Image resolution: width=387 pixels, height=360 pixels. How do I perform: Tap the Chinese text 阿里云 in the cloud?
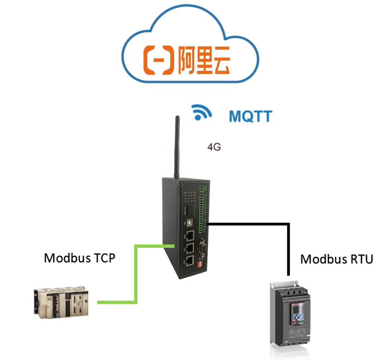click(x=206, y=60)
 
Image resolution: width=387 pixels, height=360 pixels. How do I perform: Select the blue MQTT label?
click(x=250, y=116)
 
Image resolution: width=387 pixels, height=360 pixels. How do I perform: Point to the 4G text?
click(x=214, y=147)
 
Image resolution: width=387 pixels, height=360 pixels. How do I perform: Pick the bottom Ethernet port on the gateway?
click(x=190, y=261)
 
